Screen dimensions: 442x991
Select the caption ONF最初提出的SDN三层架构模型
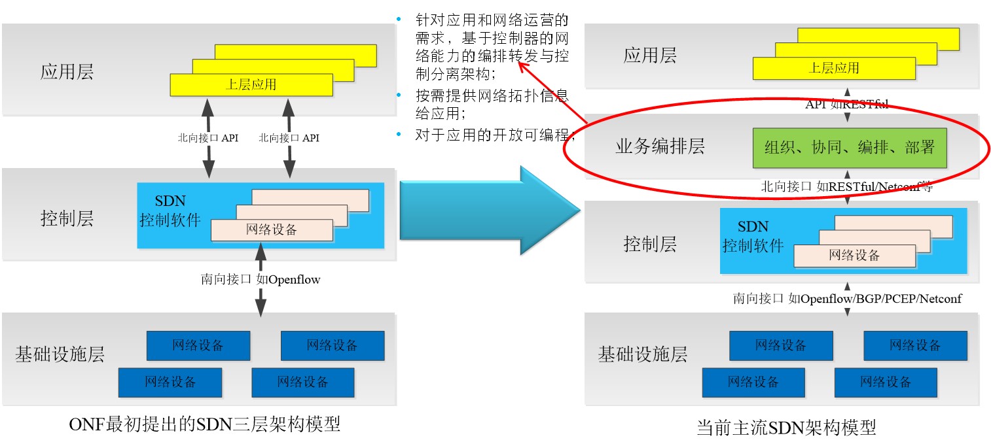point(204,424)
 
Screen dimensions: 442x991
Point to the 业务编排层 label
point(660,146)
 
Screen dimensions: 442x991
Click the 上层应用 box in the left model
point(251,84)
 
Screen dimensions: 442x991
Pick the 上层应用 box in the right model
point(833,68)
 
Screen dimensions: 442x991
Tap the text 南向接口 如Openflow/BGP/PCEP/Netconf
point(847,299)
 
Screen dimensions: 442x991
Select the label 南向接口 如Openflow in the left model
point(260,279)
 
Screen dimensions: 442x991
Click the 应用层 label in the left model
point(67,71)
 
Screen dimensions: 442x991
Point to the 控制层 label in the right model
point(650,245)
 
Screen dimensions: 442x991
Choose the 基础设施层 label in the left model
point(60,354)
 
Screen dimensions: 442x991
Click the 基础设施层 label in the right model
point(642,355)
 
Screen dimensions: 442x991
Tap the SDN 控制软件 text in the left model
point(170,210)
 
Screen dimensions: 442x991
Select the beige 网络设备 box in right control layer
point(854,256)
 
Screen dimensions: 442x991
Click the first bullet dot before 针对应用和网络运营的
point(399,19)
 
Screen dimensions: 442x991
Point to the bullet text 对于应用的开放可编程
point(494,136)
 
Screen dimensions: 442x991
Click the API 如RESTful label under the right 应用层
point(847,104)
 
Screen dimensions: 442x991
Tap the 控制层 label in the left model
point(67,218)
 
